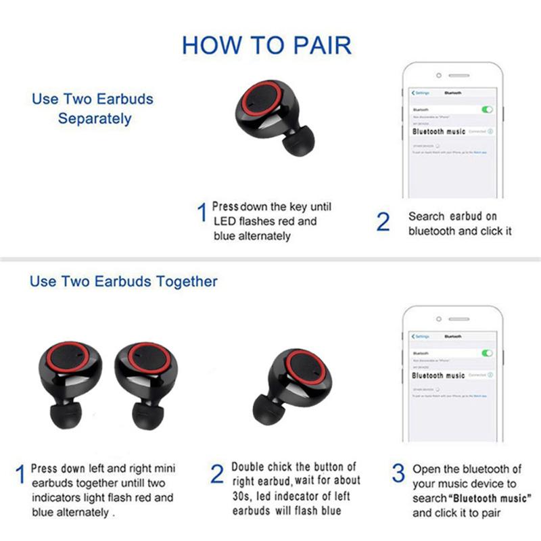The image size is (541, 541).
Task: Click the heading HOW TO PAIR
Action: click(x=266, y=45)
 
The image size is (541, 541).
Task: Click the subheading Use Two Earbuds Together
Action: click(x=124, y=281)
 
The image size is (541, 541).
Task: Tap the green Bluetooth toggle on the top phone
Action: click(x=486, y=109)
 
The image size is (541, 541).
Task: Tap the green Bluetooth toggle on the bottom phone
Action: click(x=486, y=353)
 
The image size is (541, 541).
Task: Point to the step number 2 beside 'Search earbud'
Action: click(x=383, y=222)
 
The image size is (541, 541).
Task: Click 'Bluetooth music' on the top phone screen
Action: click(x=439, y=131)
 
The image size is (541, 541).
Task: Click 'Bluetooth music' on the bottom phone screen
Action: click(x=439, y=375)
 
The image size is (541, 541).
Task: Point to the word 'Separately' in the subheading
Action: click(x=95, y=118)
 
